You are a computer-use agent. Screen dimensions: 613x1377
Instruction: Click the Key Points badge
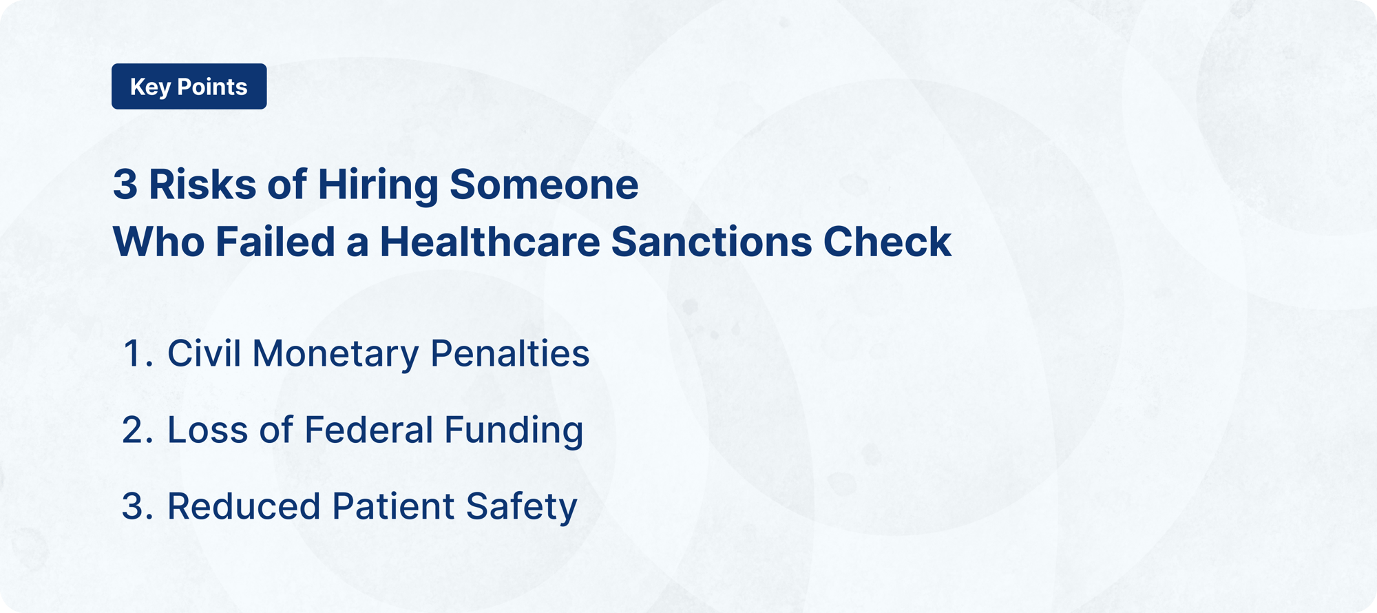coord(189,87)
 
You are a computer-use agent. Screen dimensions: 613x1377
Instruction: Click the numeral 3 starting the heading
coord(125,185)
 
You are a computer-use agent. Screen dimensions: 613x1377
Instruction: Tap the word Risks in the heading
coord(202,185)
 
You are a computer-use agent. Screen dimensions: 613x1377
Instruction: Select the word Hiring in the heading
coord(377,185)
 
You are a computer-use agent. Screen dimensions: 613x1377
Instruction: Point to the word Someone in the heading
coord(544,185)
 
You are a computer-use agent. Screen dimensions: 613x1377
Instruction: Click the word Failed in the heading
coord(275,242)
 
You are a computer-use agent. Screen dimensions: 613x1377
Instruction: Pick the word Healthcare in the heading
coord(490,242)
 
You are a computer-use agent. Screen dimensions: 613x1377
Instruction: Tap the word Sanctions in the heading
coord(711,242)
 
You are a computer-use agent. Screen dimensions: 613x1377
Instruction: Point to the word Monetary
coord(335,354)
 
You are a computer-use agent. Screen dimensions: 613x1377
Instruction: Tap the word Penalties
coord(509,354)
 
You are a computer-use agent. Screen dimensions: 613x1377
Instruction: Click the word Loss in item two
coord(207,430)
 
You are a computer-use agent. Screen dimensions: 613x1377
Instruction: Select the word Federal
coord(368,430)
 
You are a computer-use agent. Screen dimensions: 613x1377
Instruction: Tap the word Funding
coord(514,430)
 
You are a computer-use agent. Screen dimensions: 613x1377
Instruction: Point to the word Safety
coord(521,507)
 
